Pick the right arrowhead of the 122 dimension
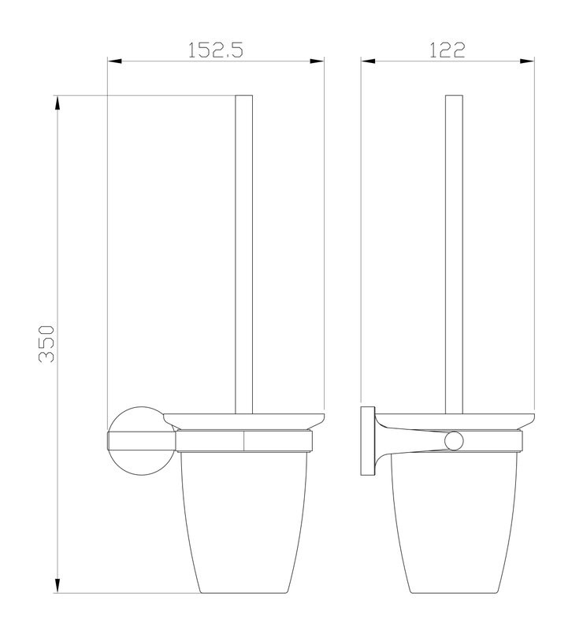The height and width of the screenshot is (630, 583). tap(533, 61)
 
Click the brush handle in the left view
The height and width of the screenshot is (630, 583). tap(244, 252)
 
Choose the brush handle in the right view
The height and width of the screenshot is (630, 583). tap(454, 252)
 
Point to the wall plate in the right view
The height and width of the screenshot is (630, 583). tap(367, 441)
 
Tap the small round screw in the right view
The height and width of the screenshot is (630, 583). tap(454, 441)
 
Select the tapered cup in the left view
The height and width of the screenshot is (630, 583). tap(244, 528)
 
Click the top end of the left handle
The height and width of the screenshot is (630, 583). tap(244, 98)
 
